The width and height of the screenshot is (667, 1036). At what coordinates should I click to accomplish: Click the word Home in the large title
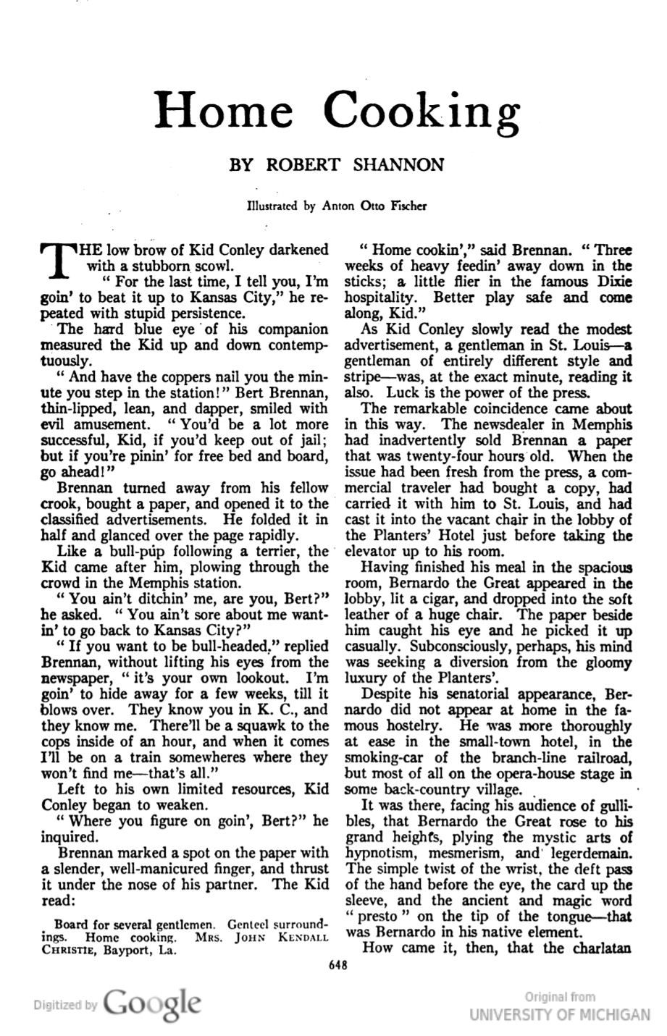(x=225, y=110)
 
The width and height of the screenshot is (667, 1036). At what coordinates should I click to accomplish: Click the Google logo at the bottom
(x=151, y=1003)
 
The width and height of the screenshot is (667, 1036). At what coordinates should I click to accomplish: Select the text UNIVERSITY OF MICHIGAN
(x=559, y=1014)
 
